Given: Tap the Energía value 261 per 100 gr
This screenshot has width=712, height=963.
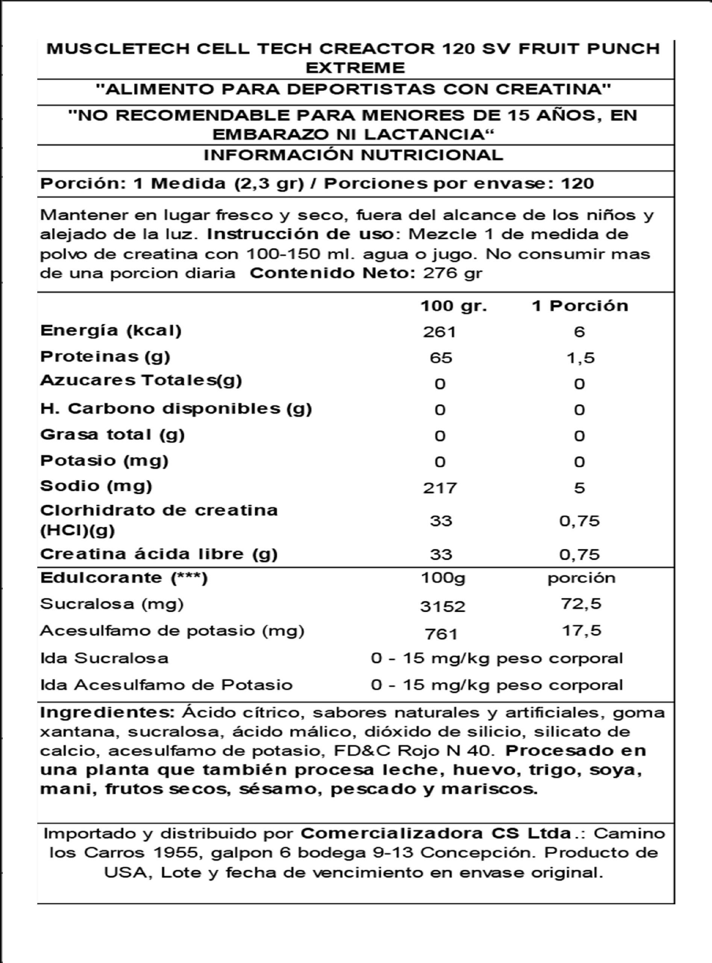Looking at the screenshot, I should (439, 332).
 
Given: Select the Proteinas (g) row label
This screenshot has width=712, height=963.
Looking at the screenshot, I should (105, 357).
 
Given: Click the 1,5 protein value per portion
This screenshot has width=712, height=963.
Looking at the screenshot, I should (580, 358).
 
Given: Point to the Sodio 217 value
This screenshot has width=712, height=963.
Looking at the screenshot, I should (439, 488).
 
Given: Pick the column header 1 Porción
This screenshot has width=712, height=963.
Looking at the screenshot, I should (580, 306).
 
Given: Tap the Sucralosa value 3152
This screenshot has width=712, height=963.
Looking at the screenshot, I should (442, 606).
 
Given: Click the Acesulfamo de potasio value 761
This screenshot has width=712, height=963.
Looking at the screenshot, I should (441, 633).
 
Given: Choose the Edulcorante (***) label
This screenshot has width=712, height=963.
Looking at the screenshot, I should (124, 578).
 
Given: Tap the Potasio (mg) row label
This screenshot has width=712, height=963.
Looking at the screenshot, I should (104, 460).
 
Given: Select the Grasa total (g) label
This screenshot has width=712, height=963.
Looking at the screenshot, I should (112, 435).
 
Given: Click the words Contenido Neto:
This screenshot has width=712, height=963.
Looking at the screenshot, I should (332, 273).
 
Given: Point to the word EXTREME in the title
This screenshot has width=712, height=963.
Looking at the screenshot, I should (355, 68).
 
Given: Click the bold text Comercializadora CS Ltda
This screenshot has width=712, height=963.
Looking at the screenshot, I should (436, 834).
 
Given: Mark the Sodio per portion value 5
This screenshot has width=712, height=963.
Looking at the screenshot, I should (580, 488).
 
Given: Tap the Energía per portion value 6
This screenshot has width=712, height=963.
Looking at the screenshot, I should (580, 332).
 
